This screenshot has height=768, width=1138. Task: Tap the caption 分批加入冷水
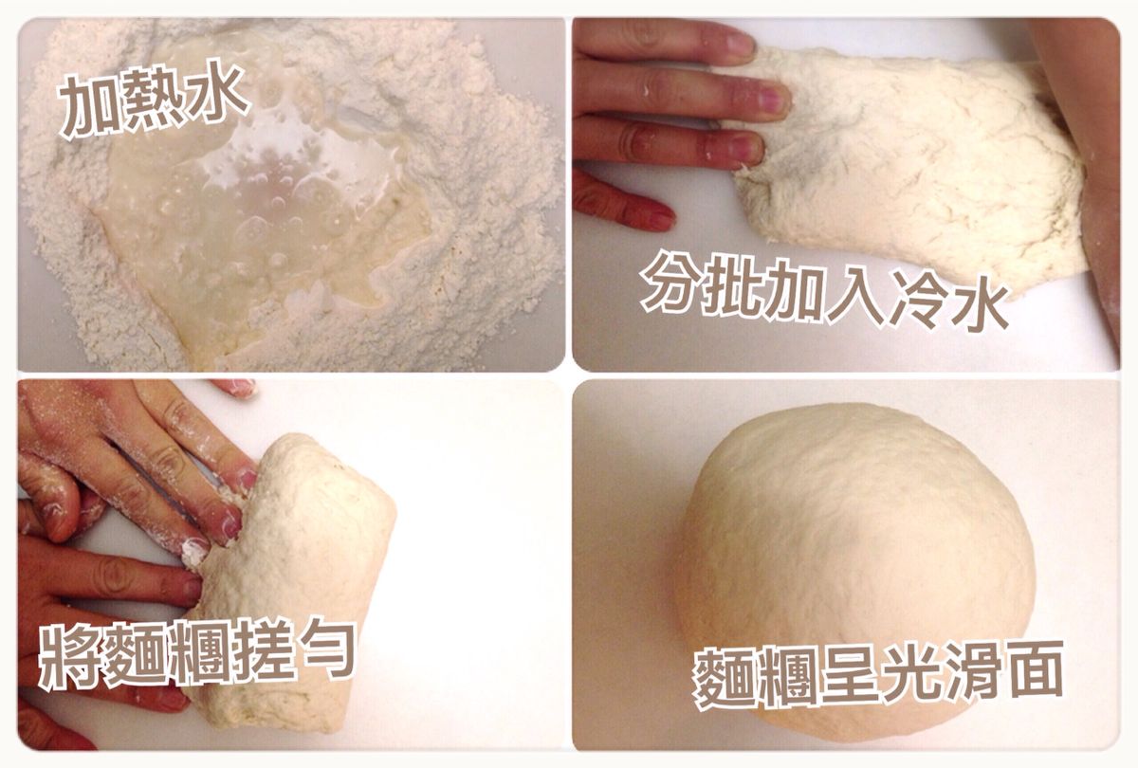click(x=824, y=294)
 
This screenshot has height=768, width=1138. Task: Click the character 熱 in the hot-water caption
click(x=155, y=101)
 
